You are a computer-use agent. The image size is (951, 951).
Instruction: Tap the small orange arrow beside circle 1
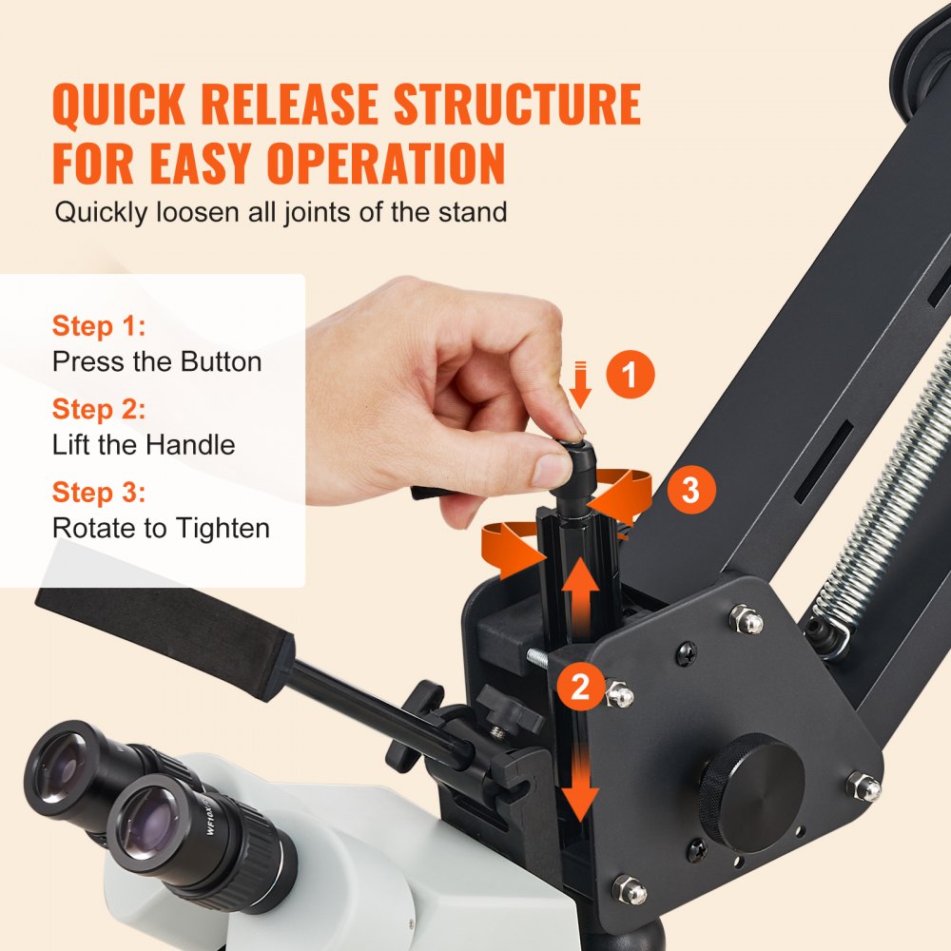point(582,382)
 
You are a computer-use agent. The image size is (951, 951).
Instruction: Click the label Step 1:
point(99,326)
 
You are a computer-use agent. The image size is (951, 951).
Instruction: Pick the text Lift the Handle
point(144,444)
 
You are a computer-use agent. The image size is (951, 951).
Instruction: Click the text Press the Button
point(157,361)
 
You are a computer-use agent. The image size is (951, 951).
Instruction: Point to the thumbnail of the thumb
point(552,469)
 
